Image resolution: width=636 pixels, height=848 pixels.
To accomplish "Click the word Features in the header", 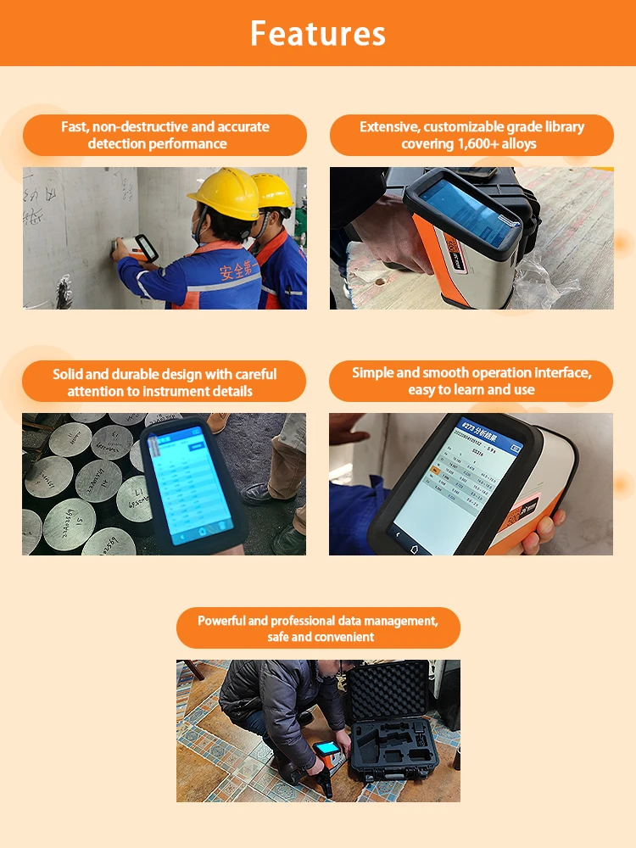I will click(318, 33).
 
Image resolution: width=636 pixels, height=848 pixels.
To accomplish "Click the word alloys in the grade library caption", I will click(519, 144).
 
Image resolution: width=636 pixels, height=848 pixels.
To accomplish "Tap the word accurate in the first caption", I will click(243, 127).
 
